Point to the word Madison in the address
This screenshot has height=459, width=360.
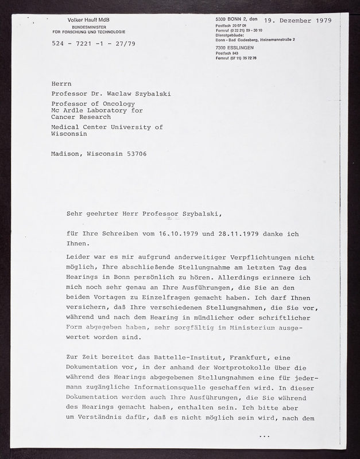point(67,153)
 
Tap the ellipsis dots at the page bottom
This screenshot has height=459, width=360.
point(264,436)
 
